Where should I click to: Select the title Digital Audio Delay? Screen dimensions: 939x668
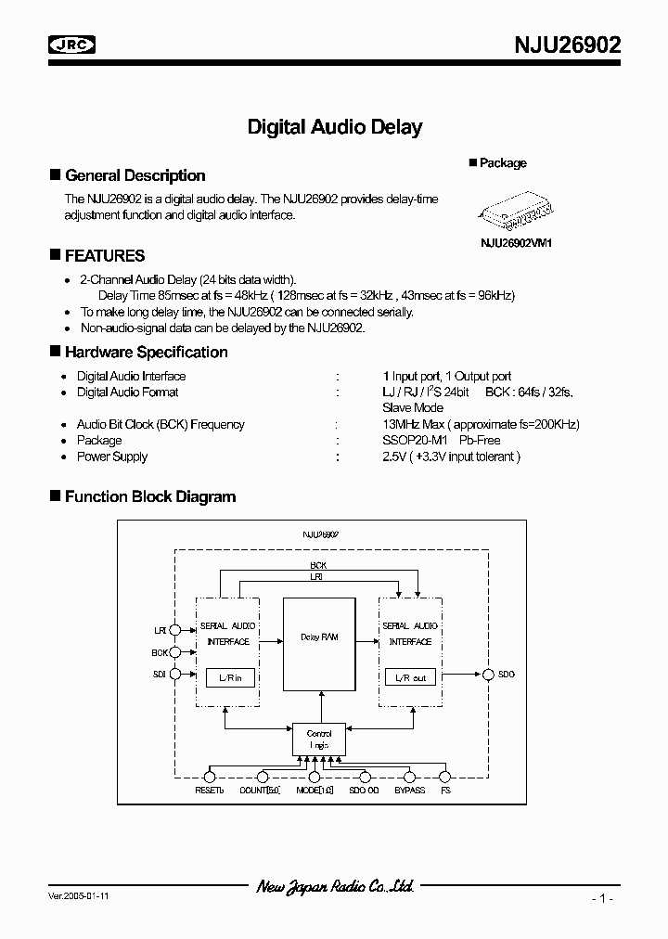click(x=334, y=127)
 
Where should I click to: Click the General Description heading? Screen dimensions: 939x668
click(x=135, y=175)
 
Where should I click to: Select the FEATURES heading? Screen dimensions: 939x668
click(x=105, y=255)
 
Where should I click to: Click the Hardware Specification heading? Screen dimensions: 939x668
click(x=146, y=352)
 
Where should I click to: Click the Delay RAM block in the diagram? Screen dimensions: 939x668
click(x=319, y=637)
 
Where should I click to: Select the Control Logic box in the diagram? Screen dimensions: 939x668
click(x=319, y=740)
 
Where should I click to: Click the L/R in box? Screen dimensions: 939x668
click(x=230, y=678)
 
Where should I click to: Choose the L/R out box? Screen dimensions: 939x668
click(x=410, y=678)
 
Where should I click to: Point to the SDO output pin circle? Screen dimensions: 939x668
click(x=487, y=675)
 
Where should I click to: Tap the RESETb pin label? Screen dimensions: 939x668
click(x=209, y=790)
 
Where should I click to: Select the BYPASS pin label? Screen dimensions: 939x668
click(x=409, y=790)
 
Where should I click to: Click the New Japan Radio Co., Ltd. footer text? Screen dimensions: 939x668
click(x=335, y=888)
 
